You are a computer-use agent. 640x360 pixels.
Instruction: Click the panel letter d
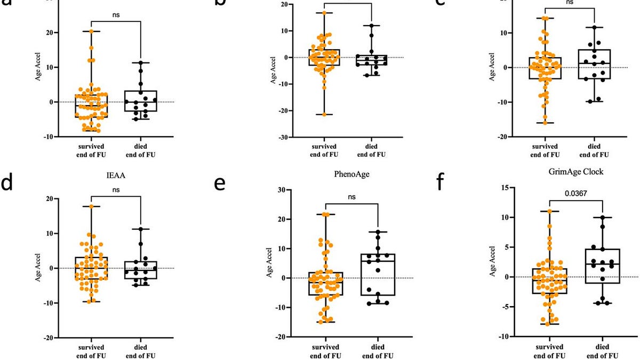click(x=6, y=183)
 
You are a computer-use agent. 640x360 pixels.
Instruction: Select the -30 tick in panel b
click(x=282, y=138)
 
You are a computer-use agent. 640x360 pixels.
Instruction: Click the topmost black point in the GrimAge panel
click(x=603, y=218)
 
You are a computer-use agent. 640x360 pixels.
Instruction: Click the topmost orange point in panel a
click(x=91, y=31)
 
